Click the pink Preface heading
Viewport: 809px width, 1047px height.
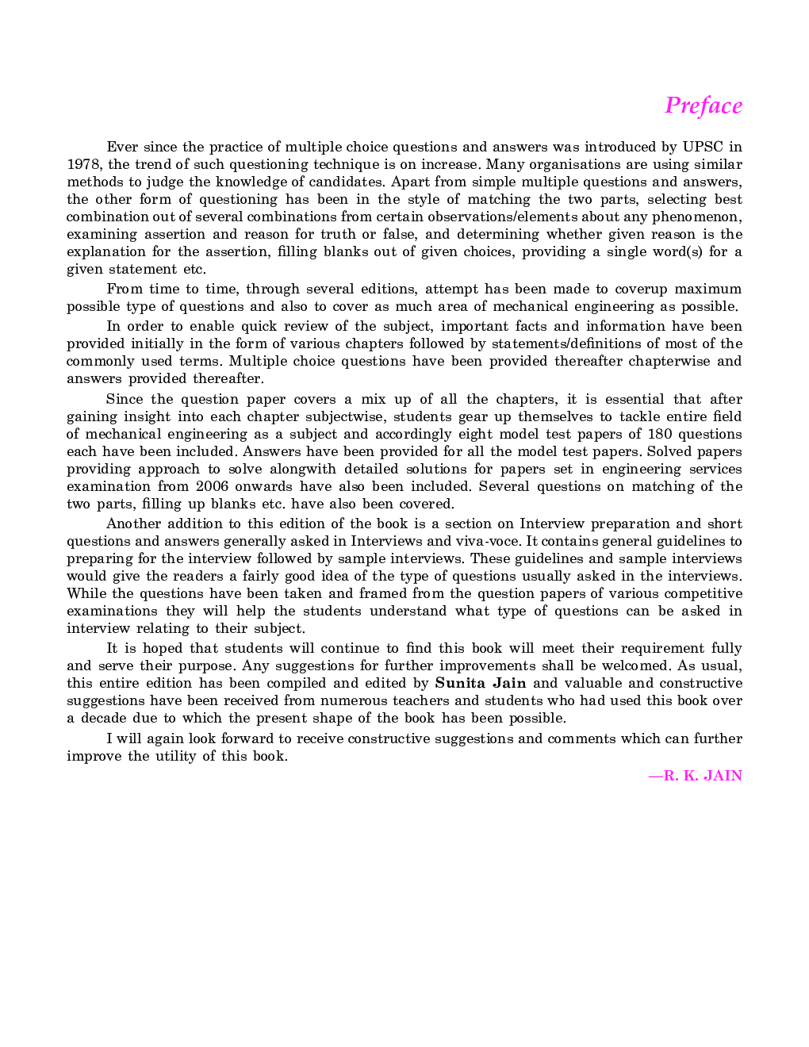704,105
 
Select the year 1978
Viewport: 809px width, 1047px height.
82,164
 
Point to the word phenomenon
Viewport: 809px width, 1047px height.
700,217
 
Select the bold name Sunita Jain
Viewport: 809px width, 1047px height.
481,683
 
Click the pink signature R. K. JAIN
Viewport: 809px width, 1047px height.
696,776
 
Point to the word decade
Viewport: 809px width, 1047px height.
102,718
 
